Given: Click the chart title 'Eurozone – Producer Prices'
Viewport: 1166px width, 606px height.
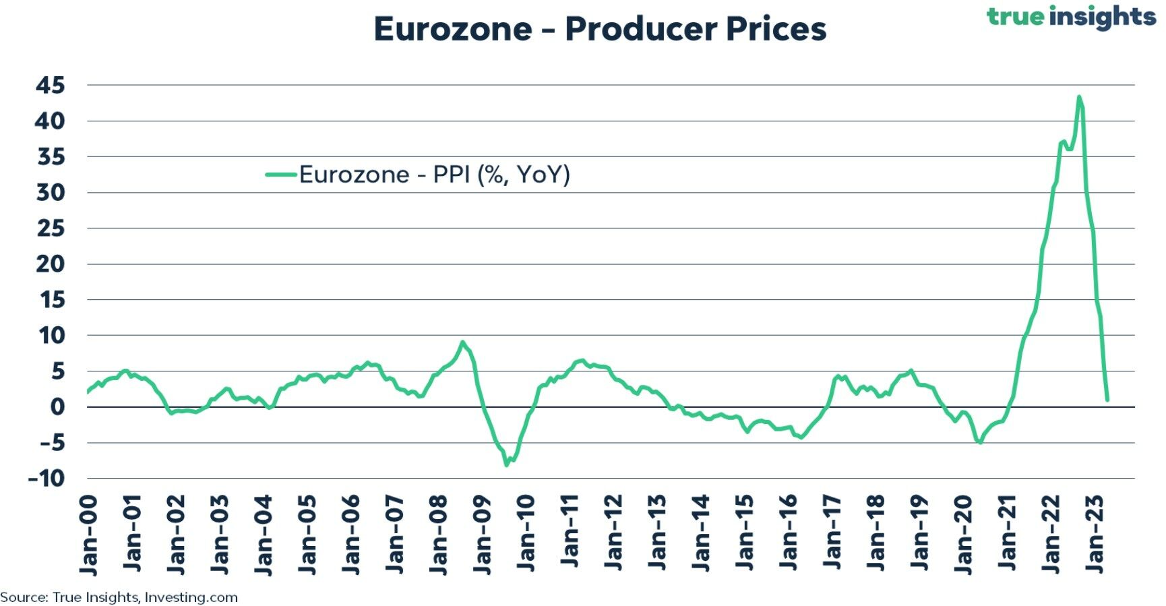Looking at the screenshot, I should coord(600,29).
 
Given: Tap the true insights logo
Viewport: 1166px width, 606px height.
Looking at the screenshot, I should coord(1072,16).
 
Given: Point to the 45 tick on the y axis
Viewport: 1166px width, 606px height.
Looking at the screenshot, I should coord(51,86).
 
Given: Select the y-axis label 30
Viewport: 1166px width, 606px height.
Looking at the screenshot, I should coord(51,193).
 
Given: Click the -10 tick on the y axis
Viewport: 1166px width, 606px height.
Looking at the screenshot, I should coord(47,479).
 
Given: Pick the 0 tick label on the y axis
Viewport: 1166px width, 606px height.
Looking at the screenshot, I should coord(58,407).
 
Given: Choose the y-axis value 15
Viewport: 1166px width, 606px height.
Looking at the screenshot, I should coord(51,300).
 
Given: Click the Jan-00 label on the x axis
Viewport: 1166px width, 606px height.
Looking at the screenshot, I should coord(89,536).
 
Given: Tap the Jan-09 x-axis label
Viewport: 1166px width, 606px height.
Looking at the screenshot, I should coord(483,536).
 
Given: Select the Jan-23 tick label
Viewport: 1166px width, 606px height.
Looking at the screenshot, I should coord(1095,536).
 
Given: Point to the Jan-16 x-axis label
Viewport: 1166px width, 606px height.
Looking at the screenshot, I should coord(789,536).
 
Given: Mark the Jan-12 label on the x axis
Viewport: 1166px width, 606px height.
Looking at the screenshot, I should coord(613,536).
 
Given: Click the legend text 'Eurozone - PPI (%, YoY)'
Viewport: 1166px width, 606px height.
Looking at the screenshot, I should coord(435,175).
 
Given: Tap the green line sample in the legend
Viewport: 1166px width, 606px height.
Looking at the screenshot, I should coord(281,175).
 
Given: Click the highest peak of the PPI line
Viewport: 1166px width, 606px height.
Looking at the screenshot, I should coord(1079,97).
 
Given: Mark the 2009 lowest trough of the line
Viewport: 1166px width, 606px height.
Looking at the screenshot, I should coord(507,465).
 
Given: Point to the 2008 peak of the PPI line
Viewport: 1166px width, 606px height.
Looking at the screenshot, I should coord(462,342).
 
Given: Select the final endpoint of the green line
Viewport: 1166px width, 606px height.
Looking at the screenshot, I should coord(1107,400).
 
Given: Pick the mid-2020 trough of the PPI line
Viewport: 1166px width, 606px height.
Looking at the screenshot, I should coord(980,443).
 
